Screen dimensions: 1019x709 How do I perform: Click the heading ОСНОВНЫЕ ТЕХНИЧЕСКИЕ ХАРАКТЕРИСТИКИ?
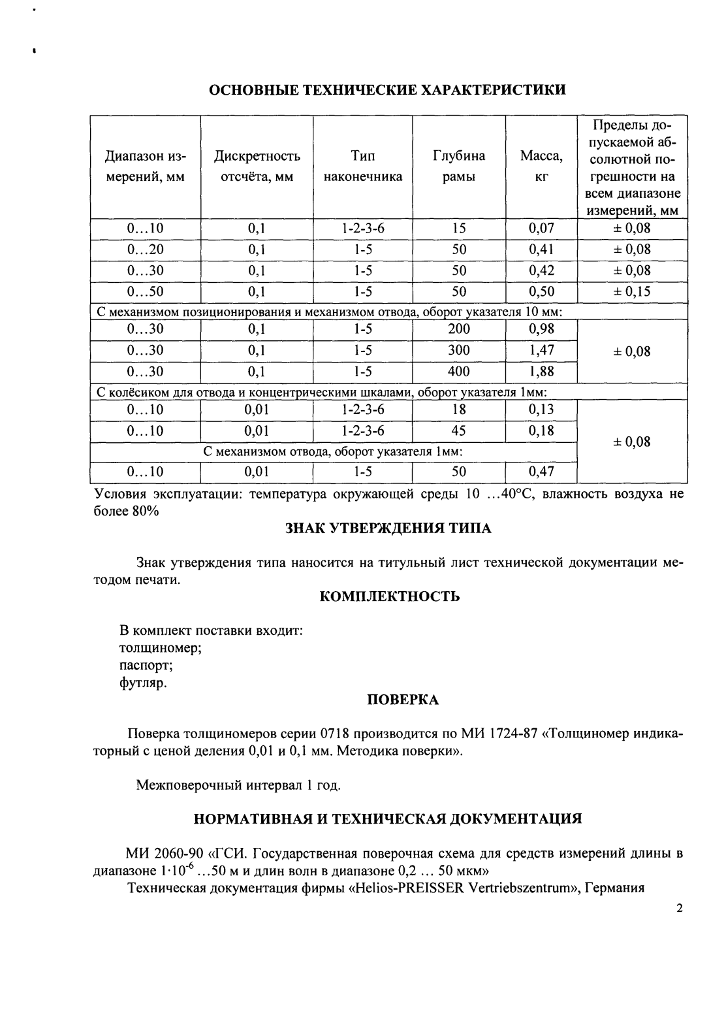(386, 89)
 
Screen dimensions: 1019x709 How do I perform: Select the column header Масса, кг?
(541, 167)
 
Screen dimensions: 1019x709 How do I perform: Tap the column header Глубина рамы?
(458, 167)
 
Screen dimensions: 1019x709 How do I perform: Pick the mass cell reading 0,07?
(541, 229)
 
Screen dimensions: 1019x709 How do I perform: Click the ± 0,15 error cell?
(632, 291)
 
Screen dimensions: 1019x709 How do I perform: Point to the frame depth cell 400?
(458, 372)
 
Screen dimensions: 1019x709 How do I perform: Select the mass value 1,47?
(541, 350)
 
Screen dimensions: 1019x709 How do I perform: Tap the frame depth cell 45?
(458, 431)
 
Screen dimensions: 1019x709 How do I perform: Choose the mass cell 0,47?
(541, 472)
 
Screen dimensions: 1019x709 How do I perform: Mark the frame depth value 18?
(458, 410)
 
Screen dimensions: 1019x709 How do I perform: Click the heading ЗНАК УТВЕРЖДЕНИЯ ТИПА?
(388, 528)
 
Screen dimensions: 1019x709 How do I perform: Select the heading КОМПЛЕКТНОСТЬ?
(390, 596)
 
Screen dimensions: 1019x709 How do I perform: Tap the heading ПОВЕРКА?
(403, 700)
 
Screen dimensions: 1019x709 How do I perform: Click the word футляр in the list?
(143, 684)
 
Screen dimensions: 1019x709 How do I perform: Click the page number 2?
(680, 909)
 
